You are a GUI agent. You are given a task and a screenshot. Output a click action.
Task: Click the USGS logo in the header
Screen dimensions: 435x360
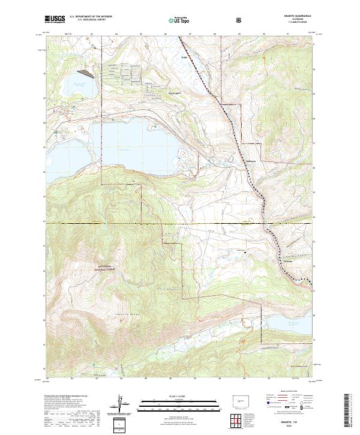tap(55, 20)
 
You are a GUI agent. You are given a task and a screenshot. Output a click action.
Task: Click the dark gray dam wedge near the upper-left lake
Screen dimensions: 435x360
tap(88, 74)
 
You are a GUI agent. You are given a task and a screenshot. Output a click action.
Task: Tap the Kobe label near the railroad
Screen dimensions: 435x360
tap(184, 58)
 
